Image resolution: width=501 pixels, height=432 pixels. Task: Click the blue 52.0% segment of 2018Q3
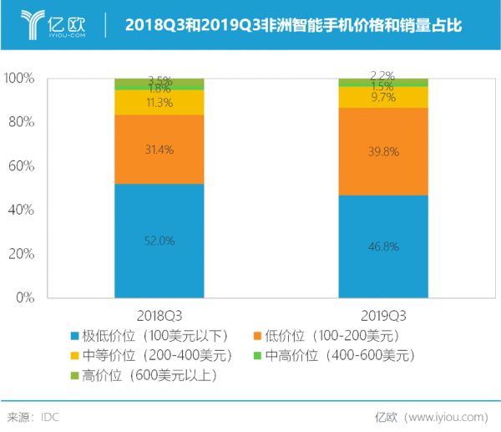(x=159, y=241)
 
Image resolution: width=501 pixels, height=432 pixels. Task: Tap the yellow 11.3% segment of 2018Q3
(x=159, y=102)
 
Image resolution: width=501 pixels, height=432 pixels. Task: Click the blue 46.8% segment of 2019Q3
(x=382, y=246)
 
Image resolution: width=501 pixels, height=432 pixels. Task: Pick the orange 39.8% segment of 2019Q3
(x=382, y=151)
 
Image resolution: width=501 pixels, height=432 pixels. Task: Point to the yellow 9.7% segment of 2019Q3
(x=382, y=97)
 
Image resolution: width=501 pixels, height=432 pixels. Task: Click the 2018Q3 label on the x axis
(x=159, y=315)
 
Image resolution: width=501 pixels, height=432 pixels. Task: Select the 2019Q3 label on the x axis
(x=382, y=315)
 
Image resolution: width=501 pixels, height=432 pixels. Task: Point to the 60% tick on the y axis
(x=22, y=166)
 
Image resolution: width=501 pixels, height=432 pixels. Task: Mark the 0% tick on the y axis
(x=25, y=297)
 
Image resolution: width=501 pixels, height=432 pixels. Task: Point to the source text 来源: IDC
(x=33, y=416)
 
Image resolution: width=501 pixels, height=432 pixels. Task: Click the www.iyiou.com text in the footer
(x=443, y=416)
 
